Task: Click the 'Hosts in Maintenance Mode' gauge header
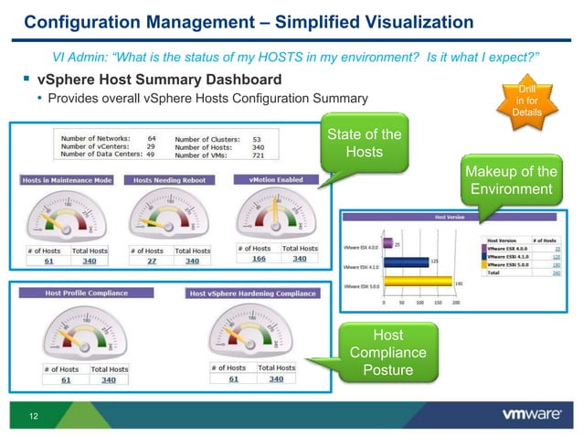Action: point(67,180)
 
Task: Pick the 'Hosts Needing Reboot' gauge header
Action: point(169,180)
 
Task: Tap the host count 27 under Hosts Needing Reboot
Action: point(151,261)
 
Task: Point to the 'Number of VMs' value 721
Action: point(260,155)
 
